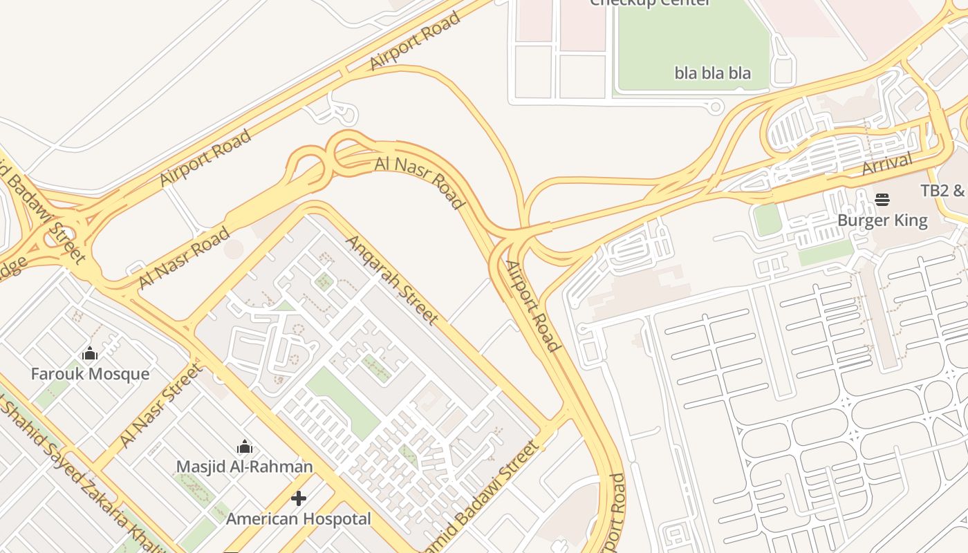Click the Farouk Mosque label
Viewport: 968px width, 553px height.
pyautogui.click(x=90, y=374)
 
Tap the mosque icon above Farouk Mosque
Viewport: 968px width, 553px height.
pyautogui.click(x=90, y=355)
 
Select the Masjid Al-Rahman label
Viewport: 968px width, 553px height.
pyautogui.click(x=244, y=467)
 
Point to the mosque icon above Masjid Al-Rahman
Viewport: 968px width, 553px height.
pyautogui.click(x=244, y=447)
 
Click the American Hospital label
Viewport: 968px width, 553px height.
pyautogui.click(x=299, y=518)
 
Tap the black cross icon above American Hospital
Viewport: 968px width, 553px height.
pyautogui.click(x=299, y=498)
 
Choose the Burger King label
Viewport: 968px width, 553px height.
pyautogui.click(x=882, y=221)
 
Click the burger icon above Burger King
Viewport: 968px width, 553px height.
pyautogui.click(x=882, y=200)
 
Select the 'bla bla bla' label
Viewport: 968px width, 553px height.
pyautogui.click(x=712, y=73)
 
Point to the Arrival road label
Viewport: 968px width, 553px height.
pyautogui.click(x=887, y=165)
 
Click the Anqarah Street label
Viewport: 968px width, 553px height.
pyautogui.click(x=392, y=280)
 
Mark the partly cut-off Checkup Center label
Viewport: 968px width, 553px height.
pyautogui.click(x=650, y=3)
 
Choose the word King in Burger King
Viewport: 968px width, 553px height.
pyautogui.click(x=909, y=221)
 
